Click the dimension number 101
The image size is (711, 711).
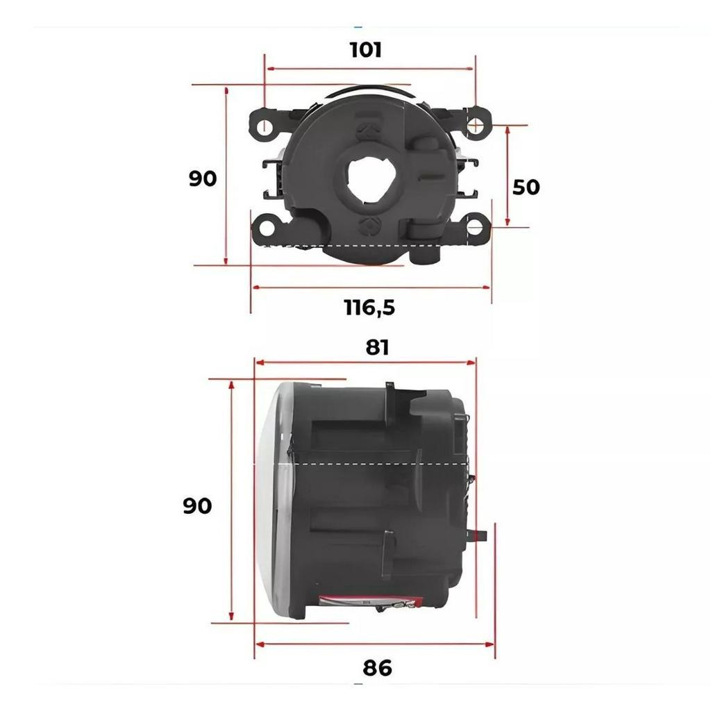(365, 50)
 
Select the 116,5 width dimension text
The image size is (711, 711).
(369, 308)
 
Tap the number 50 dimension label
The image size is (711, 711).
(526, 187)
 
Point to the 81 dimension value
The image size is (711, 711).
(377, 347)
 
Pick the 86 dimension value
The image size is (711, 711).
(377, 668)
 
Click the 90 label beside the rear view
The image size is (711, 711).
(202, 178)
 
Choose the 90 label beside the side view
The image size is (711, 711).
(197, 505)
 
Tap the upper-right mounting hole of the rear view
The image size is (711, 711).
(475, 124)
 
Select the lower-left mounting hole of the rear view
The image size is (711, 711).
(267, 228)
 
